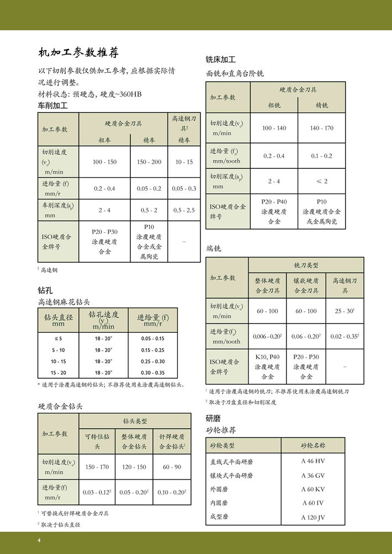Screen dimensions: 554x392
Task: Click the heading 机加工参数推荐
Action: (78, 53)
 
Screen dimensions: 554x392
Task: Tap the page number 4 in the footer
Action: (39, 540)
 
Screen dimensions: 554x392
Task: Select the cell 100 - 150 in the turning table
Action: (104, 162)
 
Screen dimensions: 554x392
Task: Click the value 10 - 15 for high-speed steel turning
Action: (184, 162)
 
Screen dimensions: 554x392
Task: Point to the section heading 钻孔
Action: (45, 290)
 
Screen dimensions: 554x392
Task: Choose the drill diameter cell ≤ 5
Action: (58, 338)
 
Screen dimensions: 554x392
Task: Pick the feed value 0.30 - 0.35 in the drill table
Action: (152, 373)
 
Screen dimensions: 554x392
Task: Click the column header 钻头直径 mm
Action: (58, 320)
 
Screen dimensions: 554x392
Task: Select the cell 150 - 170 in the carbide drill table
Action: (97, 467)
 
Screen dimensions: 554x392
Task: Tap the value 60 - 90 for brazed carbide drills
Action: (172, 467)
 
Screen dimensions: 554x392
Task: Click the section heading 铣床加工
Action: (220, 59)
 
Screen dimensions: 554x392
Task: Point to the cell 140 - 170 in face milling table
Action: (321, 128)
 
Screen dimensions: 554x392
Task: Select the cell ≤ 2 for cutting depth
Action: (321, 181)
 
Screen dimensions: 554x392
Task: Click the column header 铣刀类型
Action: (306, 265)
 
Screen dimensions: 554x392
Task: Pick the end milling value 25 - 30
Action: (344, 311)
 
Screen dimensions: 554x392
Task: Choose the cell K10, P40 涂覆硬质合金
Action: (267, 366)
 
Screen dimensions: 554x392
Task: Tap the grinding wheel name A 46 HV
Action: (312, 461)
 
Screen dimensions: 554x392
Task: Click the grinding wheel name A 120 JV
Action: (312, 517)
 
